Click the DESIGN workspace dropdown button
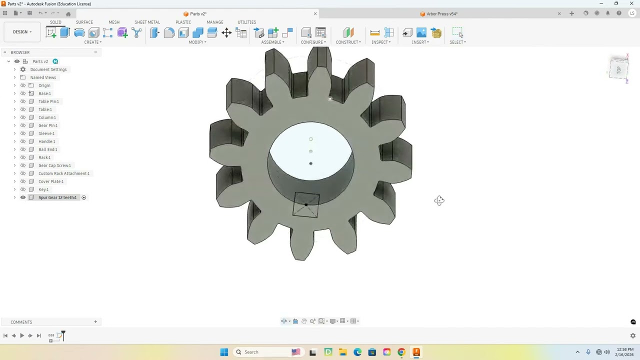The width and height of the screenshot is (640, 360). point(22,32)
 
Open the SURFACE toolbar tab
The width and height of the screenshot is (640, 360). point(84,22)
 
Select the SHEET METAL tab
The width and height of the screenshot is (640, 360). point(147,22)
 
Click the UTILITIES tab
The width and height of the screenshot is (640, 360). point(246,22)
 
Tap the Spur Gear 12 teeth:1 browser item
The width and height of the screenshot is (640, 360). point(57,197)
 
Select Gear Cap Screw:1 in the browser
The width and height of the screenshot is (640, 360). point(54,165)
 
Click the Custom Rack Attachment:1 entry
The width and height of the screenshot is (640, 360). point(64,173)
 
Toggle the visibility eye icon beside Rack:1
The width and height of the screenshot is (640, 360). point(23,157)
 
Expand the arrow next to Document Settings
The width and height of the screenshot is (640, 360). point(14,69)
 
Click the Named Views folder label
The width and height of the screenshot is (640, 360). point(43,77)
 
